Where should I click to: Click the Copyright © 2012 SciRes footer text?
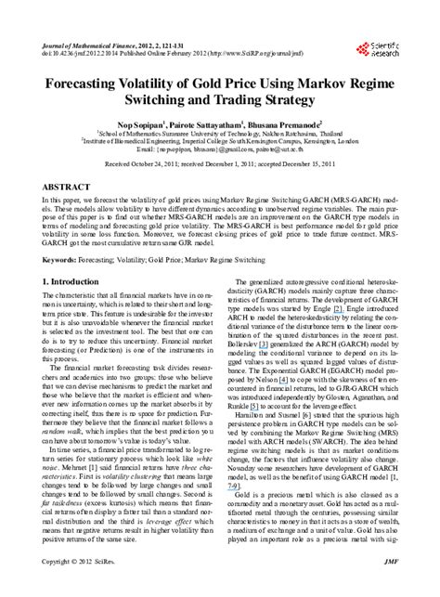(77, 588)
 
